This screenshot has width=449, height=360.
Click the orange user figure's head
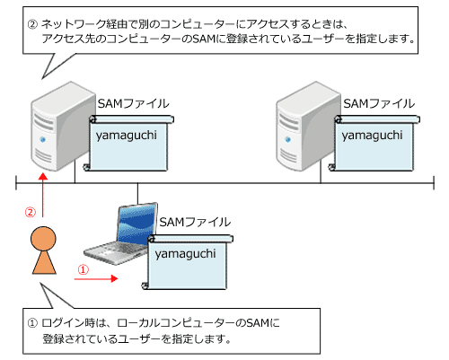click(x=41, y=237)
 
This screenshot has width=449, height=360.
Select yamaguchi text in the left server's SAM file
click(x=128, y=135)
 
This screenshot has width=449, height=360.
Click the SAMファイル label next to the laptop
click(x=193, y=222)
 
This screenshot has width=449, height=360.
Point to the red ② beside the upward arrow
click(x=29, y=213)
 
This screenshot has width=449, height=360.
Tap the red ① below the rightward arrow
click(x=84, y=268)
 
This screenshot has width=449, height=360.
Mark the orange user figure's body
click(x=41, y=261)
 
